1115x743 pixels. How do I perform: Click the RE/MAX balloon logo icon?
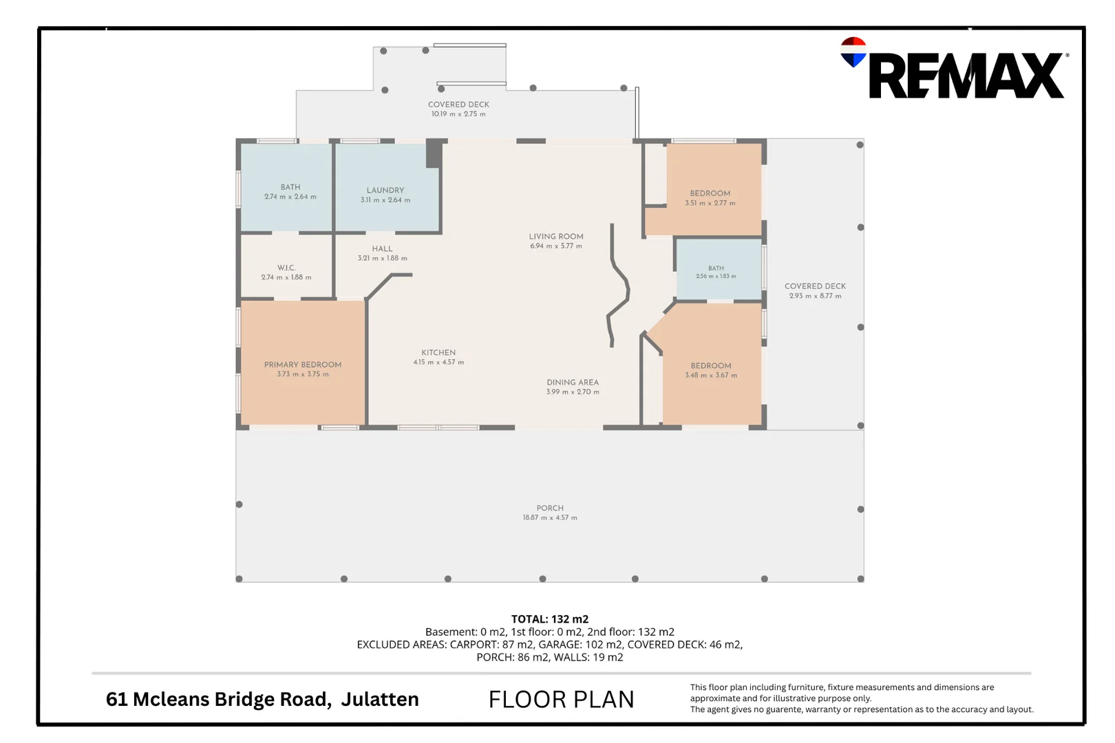coord(853,52)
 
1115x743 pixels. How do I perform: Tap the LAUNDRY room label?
coord(385,190)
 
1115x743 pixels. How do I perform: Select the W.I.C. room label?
coord(286,268)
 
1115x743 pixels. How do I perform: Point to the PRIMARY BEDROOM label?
coord(303,365)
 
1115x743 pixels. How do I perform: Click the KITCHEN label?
coord(438,352)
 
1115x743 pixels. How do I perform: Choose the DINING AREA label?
coord(573,383)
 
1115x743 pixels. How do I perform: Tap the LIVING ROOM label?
coord(556,237)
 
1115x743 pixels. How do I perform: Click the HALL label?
coord(382,249)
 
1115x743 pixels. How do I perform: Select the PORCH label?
coord(550,508)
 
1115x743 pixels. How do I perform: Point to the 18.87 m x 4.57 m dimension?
coord(550,517)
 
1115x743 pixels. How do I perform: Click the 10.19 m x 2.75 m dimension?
coord(458,114)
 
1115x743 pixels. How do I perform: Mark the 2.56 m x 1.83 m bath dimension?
coord(716,276)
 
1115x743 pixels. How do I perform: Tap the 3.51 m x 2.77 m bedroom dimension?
coord(710,203)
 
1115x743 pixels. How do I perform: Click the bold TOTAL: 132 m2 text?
coord(549,619)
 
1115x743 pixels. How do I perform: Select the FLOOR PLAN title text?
coord(561,699)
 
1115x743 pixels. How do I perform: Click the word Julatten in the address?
coord(380,699)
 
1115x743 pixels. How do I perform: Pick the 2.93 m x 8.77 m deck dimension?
coord(815,296)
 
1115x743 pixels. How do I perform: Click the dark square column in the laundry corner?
coord(434,153)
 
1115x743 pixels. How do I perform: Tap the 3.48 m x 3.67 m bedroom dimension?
coord(711,375)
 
